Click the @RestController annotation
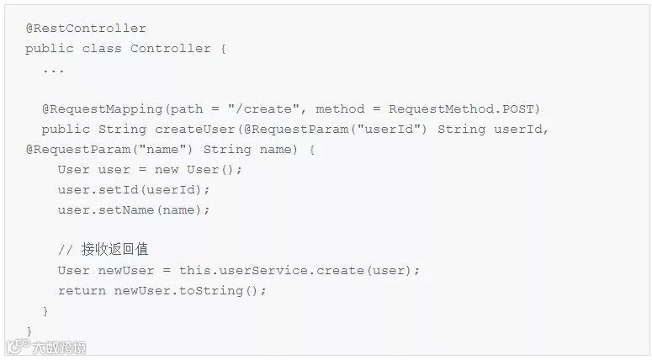point(86,29)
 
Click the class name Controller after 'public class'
point(171,49)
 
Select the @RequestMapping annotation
point(102,109)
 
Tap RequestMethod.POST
point(464,109)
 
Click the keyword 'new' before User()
point(167,170)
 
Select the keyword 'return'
point(82,291)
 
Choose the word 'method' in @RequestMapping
point(340,109)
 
